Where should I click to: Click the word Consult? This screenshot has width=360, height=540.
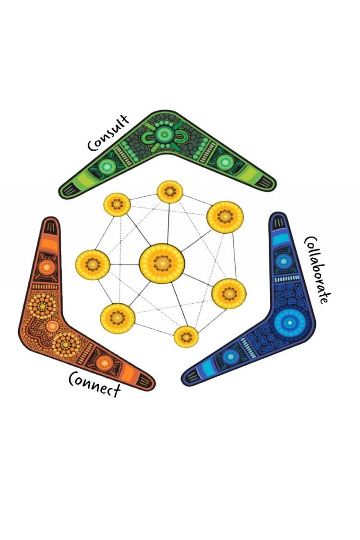[108, 132]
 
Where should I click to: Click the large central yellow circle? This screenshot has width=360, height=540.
[162, 263]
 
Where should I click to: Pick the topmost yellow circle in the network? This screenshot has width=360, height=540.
[170, 192]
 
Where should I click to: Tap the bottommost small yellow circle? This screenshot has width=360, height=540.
[186, 336]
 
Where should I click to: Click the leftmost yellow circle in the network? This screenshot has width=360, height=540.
[93, 264]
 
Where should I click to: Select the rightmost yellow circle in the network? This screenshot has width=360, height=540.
[229, 293]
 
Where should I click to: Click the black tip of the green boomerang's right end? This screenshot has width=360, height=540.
[266, 183]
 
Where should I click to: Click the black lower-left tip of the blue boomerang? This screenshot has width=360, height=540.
[192, 377]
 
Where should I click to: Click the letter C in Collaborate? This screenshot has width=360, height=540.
[309, 241]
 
